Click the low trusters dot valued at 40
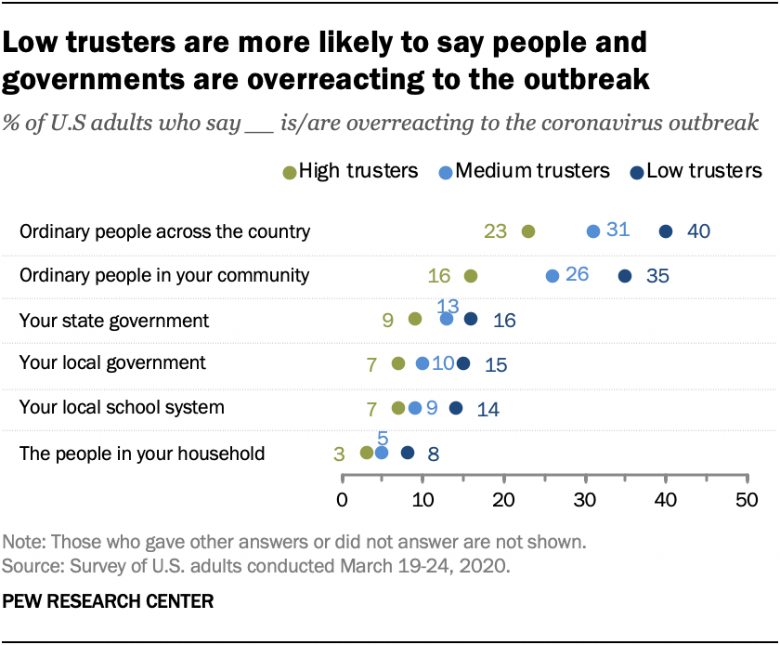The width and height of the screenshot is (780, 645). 666,231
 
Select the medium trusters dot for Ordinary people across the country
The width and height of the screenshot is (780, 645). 593,231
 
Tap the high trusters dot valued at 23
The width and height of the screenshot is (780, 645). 528,231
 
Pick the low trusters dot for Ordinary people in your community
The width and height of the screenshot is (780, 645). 625,276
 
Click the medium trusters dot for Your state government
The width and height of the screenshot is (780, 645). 447,319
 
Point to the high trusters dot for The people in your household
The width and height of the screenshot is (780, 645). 367,453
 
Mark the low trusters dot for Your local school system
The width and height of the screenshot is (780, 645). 456,407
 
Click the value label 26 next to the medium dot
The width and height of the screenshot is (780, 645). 577,276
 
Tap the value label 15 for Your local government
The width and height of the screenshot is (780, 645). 496,364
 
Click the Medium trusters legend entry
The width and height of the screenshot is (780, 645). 525,171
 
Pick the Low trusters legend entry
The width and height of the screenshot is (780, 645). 695,171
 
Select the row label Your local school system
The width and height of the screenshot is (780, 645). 122,407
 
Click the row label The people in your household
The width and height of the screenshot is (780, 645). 142,453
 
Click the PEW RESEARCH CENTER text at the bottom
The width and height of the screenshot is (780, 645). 108,601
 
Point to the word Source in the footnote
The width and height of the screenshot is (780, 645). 30,565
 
